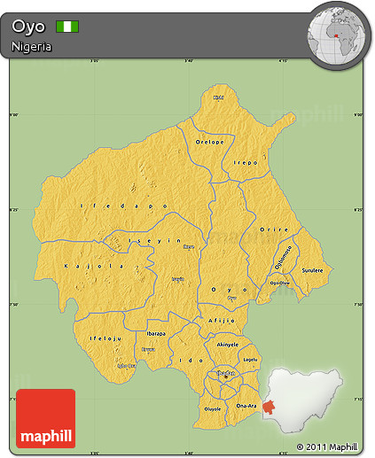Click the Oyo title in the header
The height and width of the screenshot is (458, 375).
pos(27,27)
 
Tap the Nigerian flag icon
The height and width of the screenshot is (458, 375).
pos(67,27)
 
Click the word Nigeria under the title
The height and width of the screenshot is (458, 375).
pos(32,46)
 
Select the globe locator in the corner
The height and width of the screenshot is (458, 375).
pos(338,35)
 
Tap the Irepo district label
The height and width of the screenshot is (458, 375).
pos(246,163)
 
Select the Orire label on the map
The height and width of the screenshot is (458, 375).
pos(274,229)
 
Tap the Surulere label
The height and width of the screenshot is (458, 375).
pos(312,269)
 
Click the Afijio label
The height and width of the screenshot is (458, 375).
pos(221,320)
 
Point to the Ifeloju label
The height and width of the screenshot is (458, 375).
pos(105,338)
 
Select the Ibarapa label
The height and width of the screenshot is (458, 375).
pos(156,333)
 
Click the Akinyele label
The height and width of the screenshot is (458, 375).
pos(228,344)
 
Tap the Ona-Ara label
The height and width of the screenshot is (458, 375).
pos(246,406)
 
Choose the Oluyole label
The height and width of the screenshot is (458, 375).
pos(213,409)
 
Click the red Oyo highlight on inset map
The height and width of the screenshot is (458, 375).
pos(268,407)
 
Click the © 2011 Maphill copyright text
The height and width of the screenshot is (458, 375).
pos(327,447)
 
